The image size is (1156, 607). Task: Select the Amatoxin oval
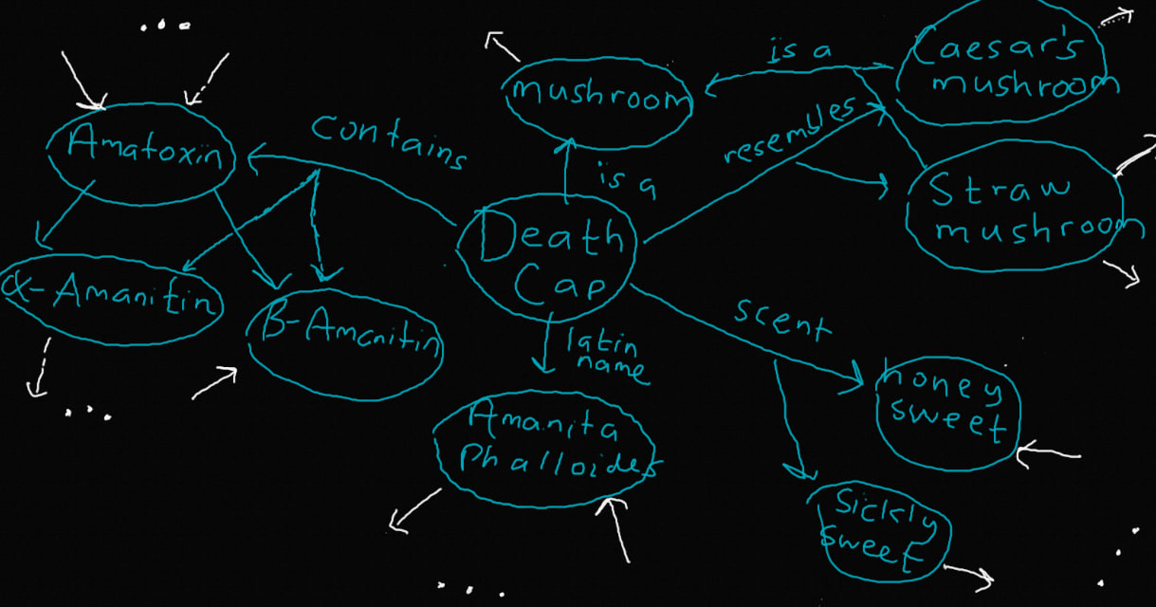click(139, 149)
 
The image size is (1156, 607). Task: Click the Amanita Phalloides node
click(544, 447)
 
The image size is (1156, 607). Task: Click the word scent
click(780, 320)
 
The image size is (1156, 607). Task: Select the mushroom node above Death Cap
click(596, 95)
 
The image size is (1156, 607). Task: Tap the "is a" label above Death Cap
click(626, 180)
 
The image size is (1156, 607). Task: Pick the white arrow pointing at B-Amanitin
click(214, 383)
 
